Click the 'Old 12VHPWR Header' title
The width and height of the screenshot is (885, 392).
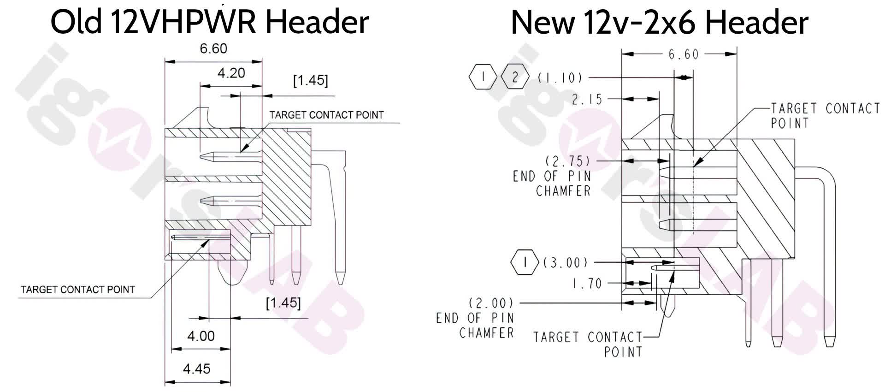point(210,21)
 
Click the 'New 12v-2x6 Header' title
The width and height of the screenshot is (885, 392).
point(660,22)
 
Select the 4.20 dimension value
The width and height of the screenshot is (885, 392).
point(231,73)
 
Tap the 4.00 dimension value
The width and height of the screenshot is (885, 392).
point(201,336)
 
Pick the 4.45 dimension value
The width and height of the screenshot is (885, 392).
point(197,368)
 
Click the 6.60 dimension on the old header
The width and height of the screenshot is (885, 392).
point(213,48)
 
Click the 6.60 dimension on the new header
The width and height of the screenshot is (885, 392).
point(684,54)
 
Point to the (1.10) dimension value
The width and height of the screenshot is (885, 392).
point(560,77)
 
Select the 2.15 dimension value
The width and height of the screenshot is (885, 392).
point(587,99)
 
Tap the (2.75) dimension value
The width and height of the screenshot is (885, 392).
point(568,161)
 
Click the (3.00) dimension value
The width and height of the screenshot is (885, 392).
point(566,262)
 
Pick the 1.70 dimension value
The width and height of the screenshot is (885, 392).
point(587,283)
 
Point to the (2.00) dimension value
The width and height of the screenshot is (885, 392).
point(491,303)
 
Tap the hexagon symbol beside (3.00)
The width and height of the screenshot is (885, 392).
point(525,262)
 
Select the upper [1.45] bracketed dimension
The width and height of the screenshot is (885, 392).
point(311,80)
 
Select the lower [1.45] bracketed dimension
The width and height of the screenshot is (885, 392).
point(283,303)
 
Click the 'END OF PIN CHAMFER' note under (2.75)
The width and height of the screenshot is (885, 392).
point(552,183)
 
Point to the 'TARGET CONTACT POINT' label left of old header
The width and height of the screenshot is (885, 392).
point(78,290)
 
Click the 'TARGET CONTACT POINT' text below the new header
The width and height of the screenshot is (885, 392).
point(588,344)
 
